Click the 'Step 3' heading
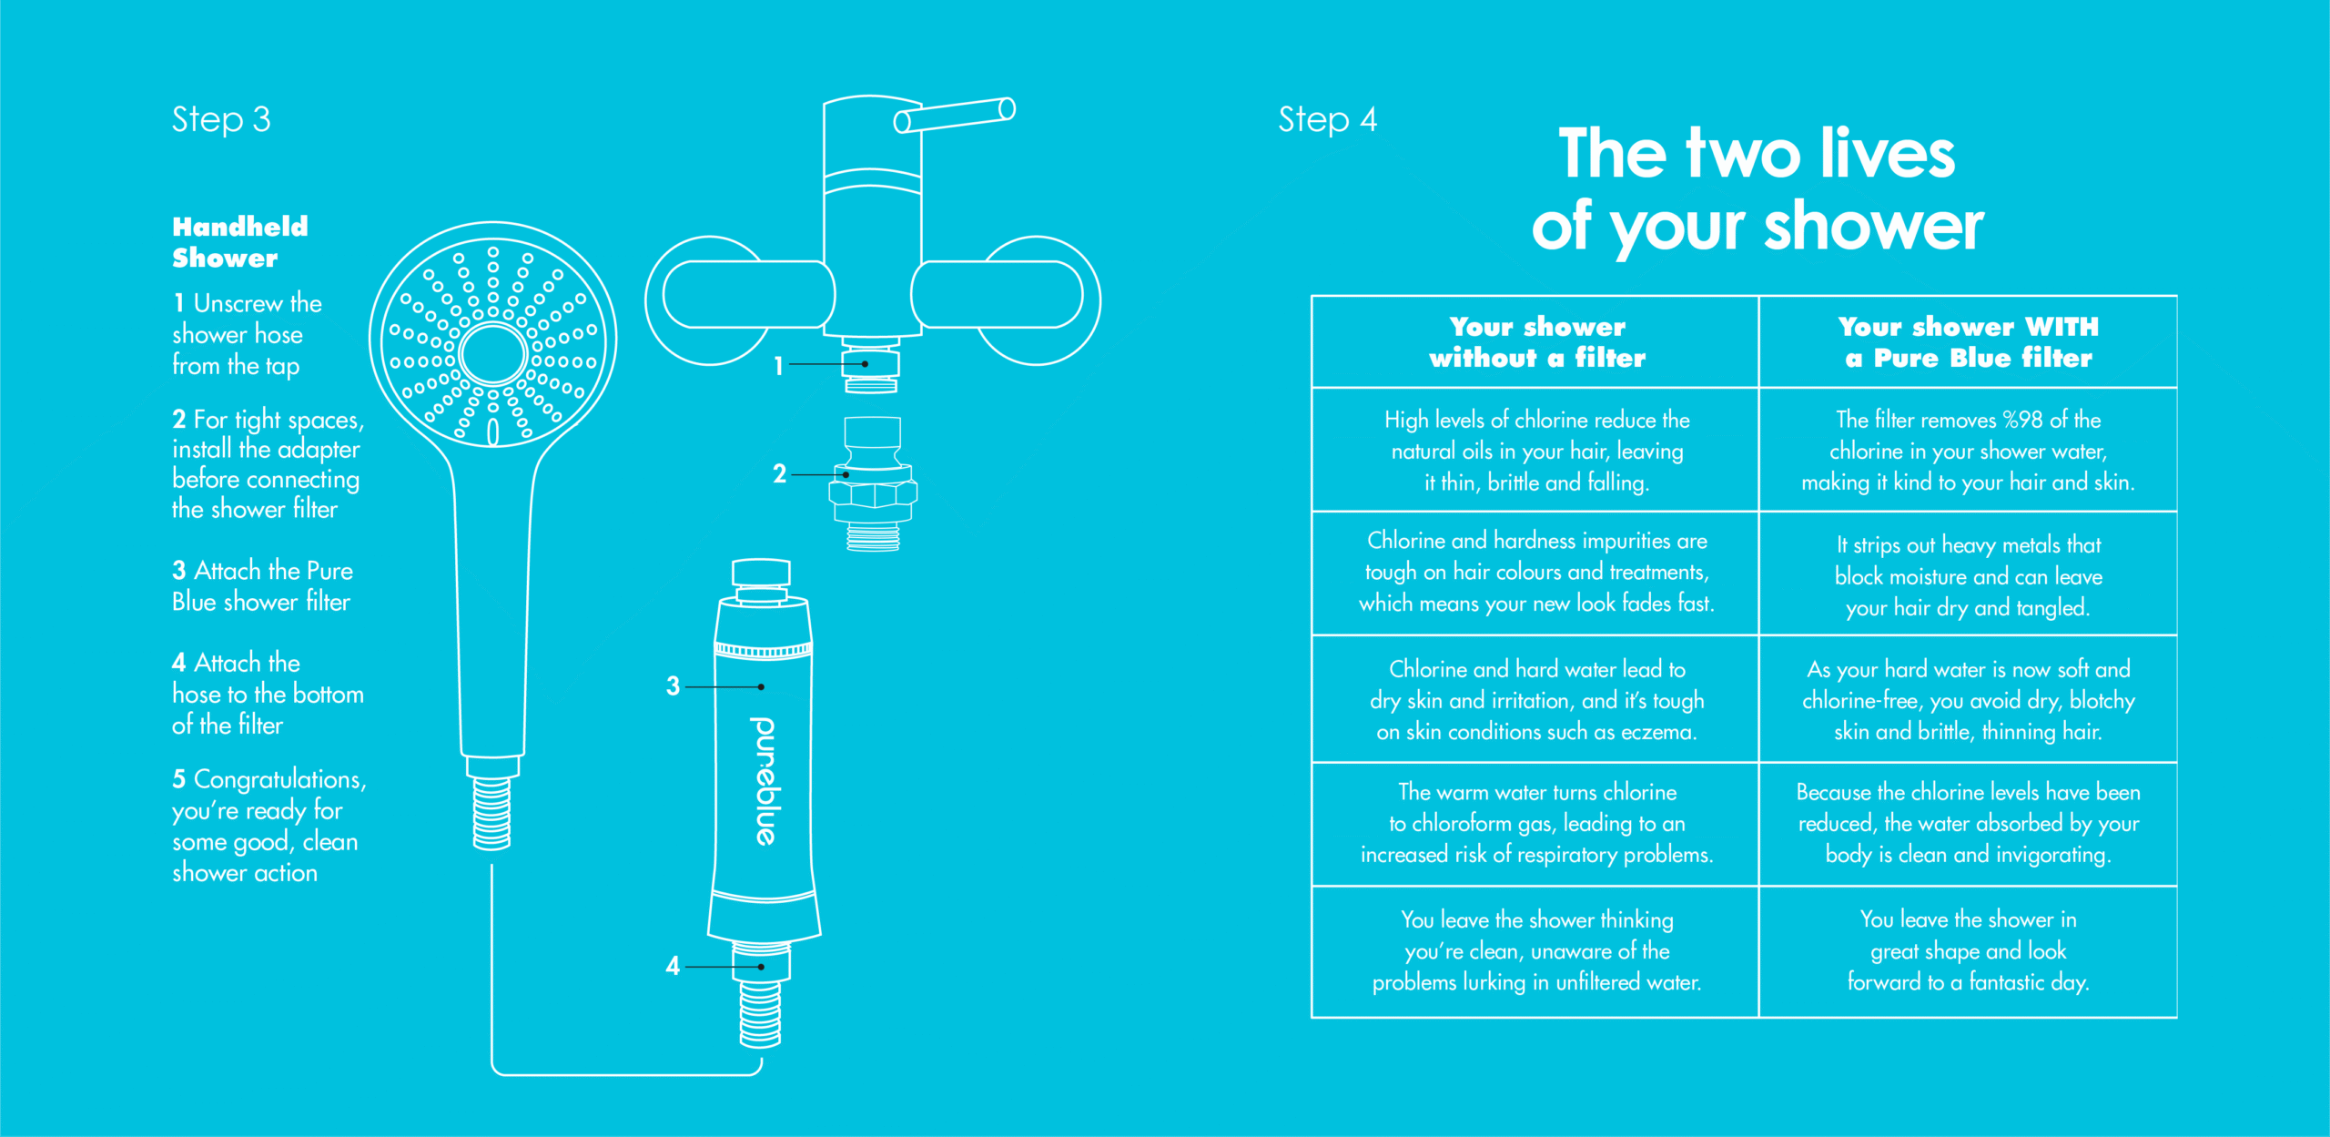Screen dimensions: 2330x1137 221,119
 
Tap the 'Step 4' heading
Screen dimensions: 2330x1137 1327,119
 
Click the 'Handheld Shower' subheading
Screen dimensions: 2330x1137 240,242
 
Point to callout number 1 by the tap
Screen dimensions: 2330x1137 778,365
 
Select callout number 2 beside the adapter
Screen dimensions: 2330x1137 779,473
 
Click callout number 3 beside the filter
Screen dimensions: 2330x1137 673,685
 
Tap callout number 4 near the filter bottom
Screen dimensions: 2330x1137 673,966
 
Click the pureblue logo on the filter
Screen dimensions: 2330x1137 764,780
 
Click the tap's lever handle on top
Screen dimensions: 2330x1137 955,115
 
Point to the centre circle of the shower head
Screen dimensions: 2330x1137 492,353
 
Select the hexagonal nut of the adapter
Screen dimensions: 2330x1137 873,493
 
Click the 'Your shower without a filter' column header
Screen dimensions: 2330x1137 1536,342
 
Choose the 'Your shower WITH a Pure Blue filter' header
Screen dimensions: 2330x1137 1968,342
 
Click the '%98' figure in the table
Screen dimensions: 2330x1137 2022,420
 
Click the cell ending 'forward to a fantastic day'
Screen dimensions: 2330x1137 1968,950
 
